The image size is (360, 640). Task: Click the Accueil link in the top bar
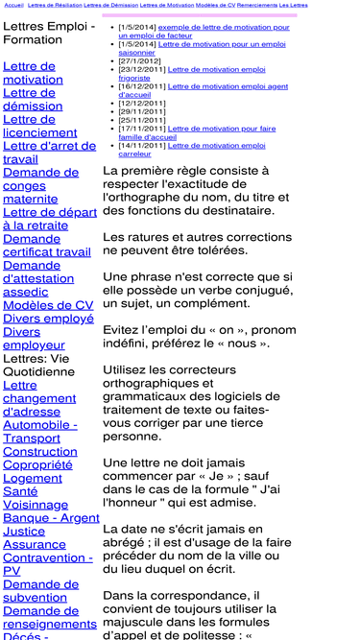[x=13, y=5]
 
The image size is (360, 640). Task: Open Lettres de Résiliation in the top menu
[x=55, y=5]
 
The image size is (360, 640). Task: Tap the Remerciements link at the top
[x=257, y=5]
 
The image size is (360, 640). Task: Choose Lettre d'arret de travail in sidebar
[x=50, y=153]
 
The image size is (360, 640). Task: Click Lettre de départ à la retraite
[x=50, y=219]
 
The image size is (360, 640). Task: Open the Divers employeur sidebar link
[x=34, y=338]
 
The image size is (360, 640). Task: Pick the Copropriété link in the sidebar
[x=37, y=464]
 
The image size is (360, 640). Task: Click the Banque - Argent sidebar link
[x=51, y=517]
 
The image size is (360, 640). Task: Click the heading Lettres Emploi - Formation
[x=48, y=33]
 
